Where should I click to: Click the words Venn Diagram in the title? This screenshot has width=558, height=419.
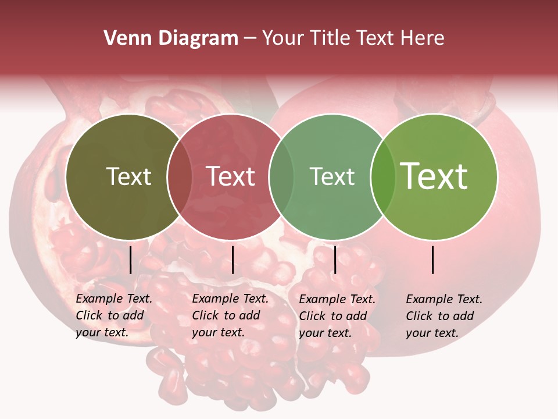tap(171, 38)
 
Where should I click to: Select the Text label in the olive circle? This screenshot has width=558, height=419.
tap(128, 176)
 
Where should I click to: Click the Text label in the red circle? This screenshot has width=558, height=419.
tap(230, 176)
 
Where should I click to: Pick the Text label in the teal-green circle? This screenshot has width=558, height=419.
tap(332, 176)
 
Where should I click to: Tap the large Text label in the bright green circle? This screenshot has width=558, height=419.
tap(434, 176)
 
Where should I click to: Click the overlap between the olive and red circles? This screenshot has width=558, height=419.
tap(180, 176)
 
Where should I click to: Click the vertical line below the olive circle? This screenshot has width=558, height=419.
tap(130, 260)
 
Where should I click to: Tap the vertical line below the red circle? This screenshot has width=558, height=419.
tap(233, 260)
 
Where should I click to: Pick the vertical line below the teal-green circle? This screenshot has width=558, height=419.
tap(335, 260)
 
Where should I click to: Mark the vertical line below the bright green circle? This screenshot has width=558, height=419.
tap(433, 260)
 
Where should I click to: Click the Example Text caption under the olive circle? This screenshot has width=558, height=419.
tap(114, 315)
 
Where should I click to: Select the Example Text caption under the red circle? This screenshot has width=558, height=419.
tap(230, 315)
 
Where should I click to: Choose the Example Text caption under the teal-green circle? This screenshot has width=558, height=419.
tap(337, 316)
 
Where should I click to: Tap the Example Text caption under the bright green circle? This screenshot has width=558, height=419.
tap(444, 316)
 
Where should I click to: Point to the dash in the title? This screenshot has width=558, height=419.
tap(250, 38)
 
